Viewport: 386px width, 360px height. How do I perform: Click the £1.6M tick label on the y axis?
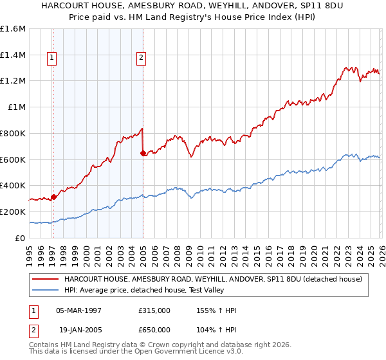tap(13, 29)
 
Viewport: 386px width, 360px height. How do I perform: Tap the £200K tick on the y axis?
tap(13, 212)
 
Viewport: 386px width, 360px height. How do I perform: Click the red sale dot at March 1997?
tap(53, 197)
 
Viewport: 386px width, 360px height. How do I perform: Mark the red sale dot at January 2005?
tap(143, 153)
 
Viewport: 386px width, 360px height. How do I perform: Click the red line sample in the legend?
tap(46, 279)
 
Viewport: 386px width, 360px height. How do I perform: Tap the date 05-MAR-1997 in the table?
tap(79, 310)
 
